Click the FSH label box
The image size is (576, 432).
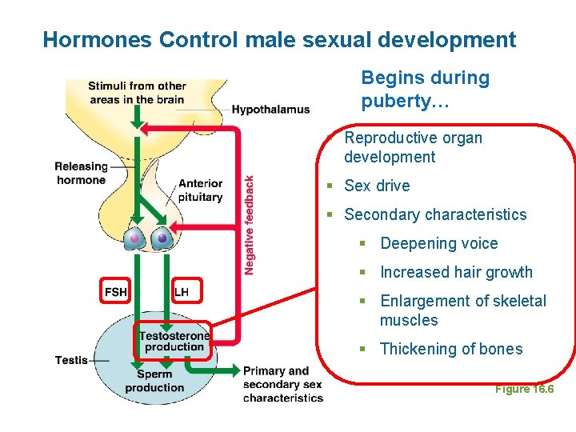[x=116, y=291]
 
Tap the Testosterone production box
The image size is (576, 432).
[x=174, y=341]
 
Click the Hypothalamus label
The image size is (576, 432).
[x=270, y=110]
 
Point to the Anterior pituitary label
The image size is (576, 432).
[x=201, y=190]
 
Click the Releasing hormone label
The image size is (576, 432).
[x=81, y=173]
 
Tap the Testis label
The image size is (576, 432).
[x=71, y=360]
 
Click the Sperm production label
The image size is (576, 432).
[x=154, y=381]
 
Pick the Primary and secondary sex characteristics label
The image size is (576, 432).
[x=282, y=384]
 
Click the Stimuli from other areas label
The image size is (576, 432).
[x=137, y=93]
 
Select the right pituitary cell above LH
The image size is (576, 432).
[x=163, y=238]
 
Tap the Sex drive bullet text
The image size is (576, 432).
[x=377, y=186]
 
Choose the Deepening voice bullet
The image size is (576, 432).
[x=438, y=243]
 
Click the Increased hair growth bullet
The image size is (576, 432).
[x=456, y=272]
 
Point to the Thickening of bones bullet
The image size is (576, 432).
[x=451, y=349]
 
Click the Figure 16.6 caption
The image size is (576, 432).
[x=524, y=389]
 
